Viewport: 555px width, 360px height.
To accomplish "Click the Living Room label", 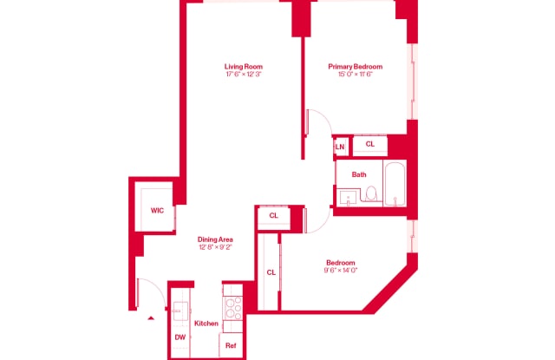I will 244,67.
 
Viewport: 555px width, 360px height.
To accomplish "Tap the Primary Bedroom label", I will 355,67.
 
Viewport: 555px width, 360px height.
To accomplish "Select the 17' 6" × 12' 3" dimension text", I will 244,75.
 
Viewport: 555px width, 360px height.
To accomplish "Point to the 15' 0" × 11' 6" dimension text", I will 355,75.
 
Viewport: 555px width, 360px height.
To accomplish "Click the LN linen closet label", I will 340,147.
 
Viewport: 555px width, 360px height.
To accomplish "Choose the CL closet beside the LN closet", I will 369,145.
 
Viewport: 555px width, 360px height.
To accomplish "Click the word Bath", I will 359,174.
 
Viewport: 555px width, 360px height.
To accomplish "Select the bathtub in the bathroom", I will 395,183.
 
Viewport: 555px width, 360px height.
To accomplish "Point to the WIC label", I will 157,210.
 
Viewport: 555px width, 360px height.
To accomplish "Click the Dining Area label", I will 215,239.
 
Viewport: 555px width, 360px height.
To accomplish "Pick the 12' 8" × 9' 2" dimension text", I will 215,247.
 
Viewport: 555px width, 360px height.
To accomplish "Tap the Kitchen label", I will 206,324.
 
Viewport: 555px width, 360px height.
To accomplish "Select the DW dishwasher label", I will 180,337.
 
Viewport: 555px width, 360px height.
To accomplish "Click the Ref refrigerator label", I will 231,345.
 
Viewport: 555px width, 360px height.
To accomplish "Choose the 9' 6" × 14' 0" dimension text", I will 340,271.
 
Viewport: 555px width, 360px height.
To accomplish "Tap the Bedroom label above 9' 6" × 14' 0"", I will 340,262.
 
